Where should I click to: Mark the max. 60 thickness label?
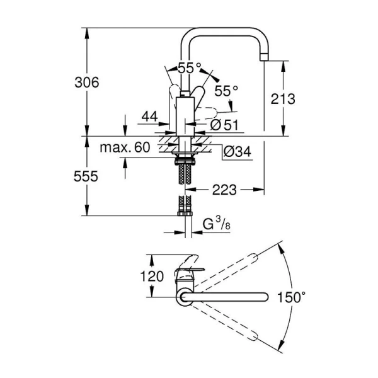tap(124, 148)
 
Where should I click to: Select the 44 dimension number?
tap(149, 117)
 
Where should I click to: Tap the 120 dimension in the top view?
tap(152, 276)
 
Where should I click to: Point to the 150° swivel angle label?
tap(302, 295)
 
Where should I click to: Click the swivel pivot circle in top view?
tap(183, 295)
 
